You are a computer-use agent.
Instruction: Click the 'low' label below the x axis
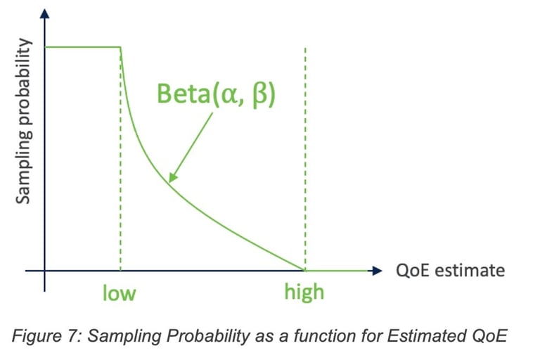(119, 293)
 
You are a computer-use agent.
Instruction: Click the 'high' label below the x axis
(304, 292)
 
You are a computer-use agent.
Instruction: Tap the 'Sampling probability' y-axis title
(24, 121)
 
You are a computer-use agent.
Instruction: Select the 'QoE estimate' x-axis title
(450, 271)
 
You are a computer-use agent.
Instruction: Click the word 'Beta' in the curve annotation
(183, 94)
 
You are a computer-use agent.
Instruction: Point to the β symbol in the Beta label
(260, 96)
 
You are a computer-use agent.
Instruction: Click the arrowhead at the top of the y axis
(44, 13)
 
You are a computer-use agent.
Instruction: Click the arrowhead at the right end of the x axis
(377, 271)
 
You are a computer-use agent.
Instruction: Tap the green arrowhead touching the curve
(172, 176)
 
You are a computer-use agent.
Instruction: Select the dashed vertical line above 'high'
(305, 158)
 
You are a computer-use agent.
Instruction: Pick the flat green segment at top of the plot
(83, 47)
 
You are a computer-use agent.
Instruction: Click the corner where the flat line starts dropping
(120, 47)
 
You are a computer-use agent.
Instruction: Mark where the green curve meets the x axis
(304, 271)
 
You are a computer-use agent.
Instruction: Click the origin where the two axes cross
(44, 271)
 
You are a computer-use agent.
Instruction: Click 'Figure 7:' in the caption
(47, 336)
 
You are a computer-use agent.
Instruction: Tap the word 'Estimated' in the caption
(426, 335)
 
